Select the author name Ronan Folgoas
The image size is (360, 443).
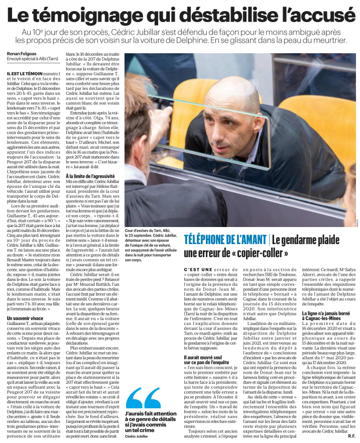coord(22,54)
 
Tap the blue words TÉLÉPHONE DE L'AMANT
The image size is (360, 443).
coord(225,240)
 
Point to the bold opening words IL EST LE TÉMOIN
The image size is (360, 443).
coord(24,74)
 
